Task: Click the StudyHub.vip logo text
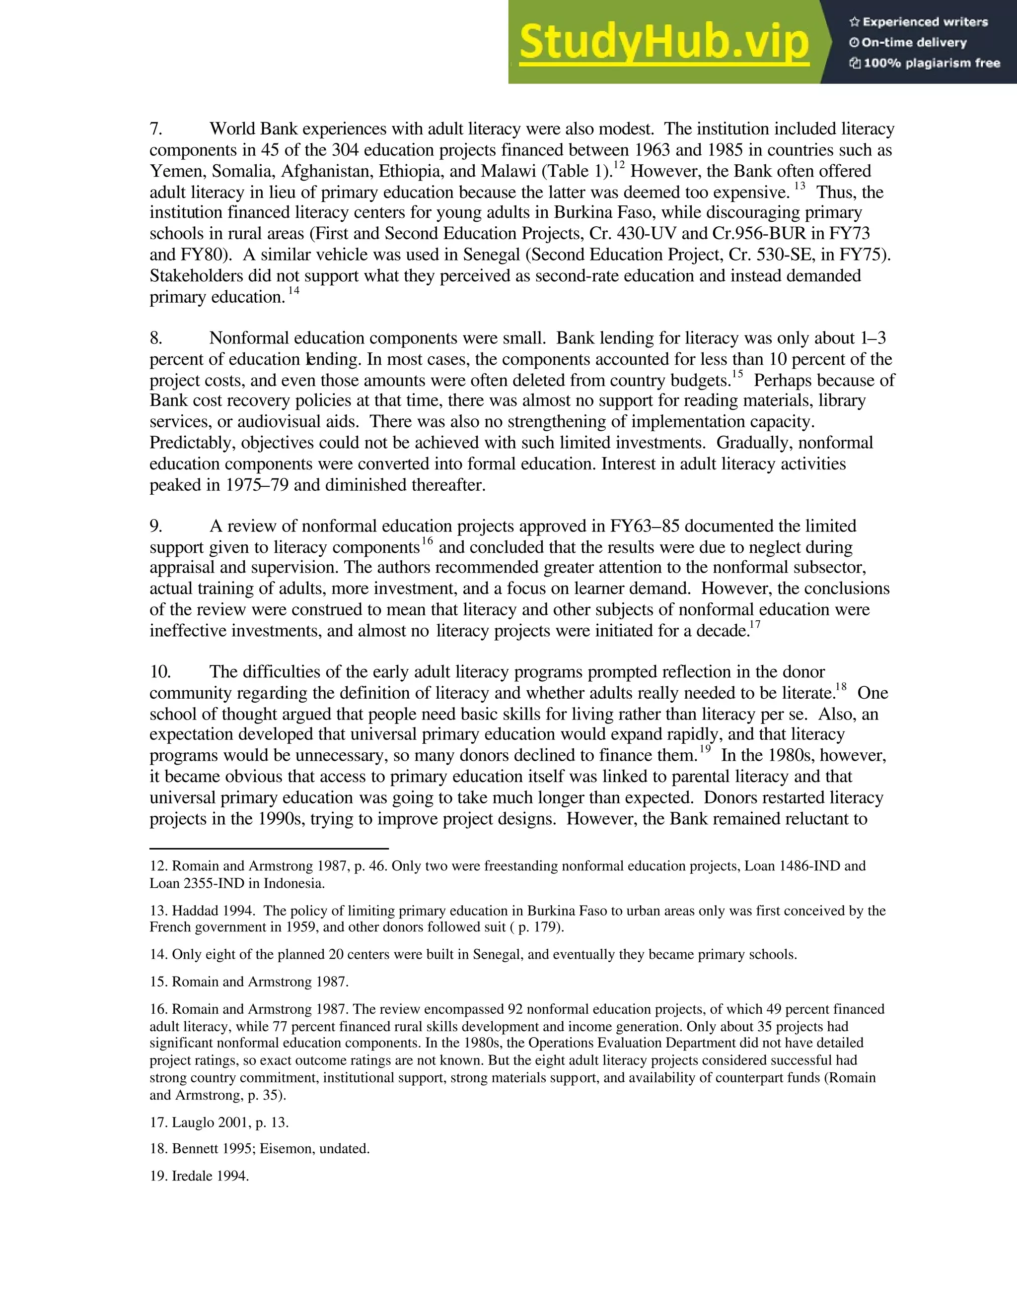[663, 42]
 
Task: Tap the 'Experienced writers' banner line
[919, 22]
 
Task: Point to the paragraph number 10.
[160, 672]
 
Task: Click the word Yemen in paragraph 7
[178, 172]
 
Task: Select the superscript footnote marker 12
[619, 164]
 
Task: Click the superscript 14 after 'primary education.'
[293, 291]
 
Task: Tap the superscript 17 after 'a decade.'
[755, 624]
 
